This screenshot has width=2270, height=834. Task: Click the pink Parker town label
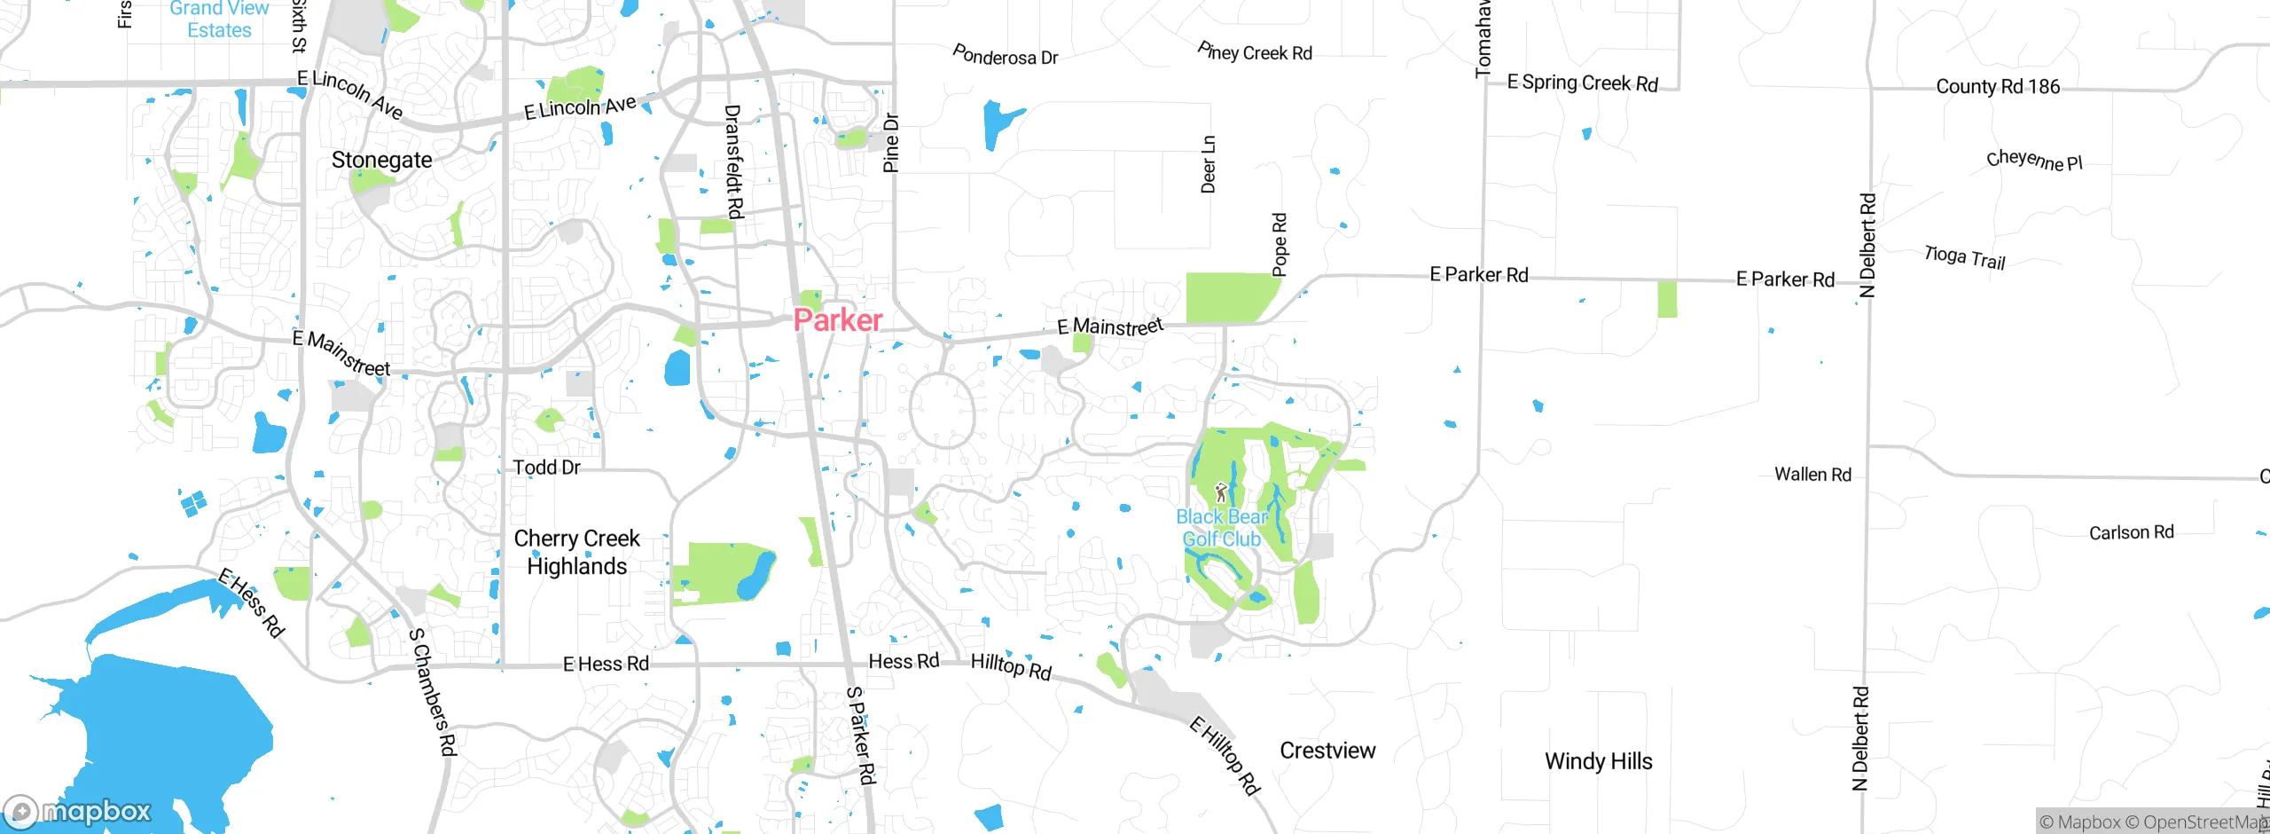(837, 319)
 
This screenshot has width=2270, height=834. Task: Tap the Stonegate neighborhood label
(382, 160)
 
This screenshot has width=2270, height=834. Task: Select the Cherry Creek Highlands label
(576, 552)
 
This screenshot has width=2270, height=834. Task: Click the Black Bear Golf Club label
(1221, 528)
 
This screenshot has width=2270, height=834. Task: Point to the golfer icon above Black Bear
(1221, 492)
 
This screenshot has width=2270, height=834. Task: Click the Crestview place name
(1327, 751)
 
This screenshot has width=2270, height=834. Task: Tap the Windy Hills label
(1598, 761)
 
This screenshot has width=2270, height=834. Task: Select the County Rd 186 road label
(1998, 86)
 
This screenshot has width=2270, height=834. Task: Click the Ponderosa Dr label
(1005, 56)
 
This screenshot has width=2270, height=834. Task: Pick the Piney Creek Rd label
(1255, 51)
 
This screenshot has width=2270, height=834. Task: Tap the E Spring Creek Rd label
(1583, 83)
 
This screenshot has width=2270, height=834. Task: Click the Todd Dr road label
(546, 468)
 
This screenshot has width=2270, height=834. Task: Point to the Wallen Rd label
(1812, 475)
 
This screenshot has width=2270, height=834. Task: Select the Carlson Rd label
(2131, 532)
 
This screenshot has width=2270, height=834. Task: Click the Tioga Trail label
(1964, 257)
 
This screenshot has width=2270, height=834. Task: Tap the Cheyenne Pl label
(2033, 161)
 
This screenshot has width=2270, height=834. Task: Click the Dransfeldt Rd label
(734, 161)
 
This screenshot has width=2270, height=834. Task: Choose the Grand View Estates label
(219, 20)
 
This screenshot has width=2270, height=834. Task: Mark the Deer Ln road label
(1209, 164)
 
